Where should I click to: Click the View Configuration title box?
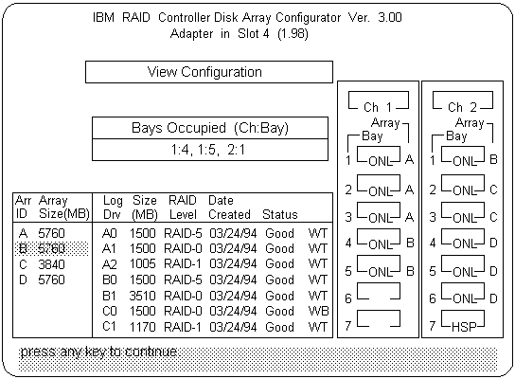click(209, 72)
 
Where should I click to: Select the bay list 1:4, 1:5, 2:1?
click(208, 150)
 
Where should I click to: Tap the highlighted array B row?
click(51, 248)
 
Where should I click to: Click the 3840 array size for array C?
click(51, 264)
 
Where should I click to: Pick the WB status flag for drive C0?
click(318, 311)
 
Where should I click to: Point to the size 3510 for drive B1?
click(142, 296)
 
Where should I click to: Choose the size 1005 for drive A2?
click(142, 264)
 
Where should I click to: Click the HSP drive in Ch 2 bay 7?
click(463, 319)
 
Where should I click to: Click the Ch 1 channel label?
click(378, 107)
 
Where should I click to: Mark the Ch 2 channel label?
click(462, 107)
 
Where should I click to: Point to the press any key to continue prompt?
click(98, 352)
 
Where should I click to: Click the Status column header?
click(280, 215)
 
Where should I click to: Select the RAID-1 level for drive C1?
click(183, 327)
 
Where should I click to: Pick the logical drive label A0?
click(110, 233)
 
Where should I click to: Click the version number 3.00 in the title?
click(390, 17)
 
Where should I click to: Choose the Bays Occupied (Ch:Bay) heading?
click(210, 128)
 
